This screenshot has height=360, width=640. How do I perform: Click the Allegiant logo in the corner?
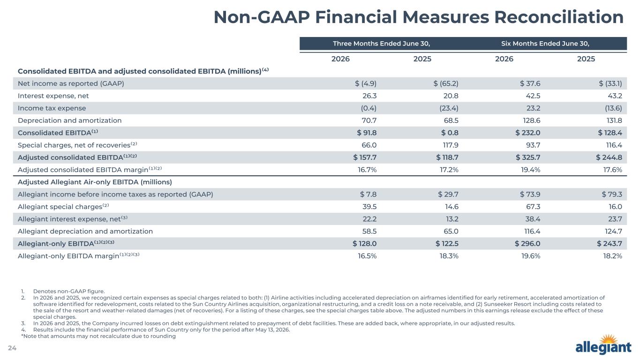(603, 345)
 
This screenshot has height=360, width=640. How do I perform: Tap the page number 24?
(12, 348)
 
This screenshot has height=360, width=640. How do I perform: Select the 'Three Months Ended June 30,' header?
(382, 44)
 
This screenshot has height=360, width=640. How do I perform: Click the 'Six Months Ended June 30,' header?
(545, 44)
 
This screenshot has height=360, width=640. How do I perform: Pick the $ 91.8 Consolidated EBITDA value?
(367, 133)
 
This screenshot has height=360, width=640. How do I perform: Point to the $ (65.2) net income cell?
(446, 83)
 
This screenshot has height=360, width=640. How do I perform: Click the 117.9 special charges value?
(451, 145)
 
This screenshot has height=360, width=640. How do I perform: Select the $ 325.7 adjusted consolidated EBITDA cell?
(528, 157)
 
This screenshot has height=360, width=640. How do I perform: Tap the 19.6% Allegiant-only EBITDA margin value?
(531, 256)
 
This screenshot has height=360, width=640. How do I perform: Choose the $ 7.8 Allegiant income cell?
(368, 195)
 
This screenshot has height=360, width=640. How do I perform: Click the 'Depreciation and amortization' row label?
(70, 120)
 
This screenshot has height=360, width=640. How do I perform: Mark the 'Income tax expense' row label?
(52, 108)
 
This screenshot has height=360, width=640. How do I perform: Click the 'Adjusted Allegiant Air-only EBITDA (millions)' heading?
(95, 182)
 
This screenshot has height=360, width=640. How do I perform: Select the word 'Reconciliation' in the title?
(559, 17)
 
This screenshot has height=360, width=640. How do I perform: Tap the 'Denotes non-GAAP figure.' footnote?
(69, 292)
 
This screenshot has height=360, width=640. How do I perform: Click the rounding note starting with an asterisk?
(98, 336)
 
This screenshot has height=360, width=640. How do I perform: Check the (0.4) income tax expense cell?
(369, 108)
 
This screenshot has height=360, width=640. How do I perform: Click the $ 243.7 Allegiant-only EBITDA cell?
(610, 244)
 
